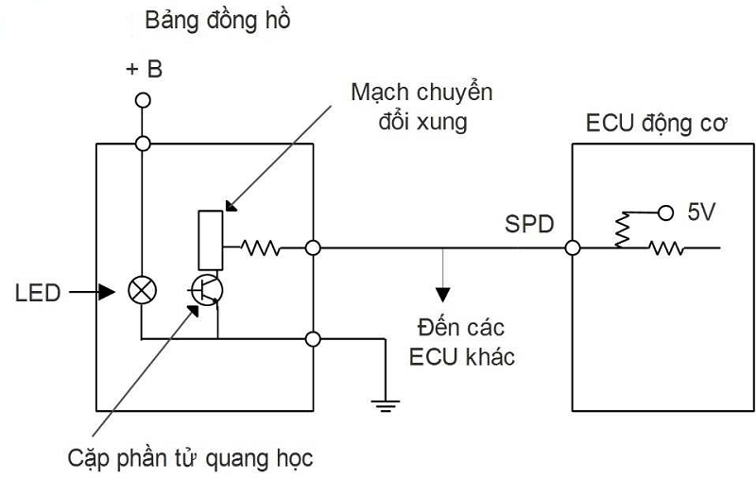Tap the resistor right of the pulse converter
[x=260, y=248]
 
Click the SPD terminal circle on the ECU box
[x=571, y=248]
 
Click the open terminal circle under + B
[x=143, y=100]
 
